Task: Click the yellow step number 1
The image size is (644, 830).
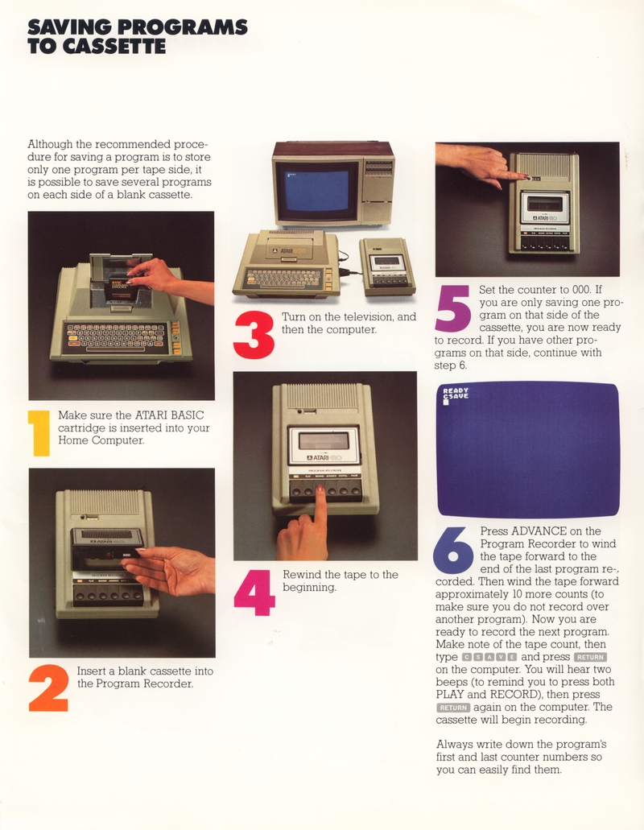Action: [39, 433]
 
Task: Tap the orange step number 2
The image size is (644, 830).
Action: [48, 688]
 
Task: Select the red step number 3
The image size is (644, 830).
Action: [254, 335]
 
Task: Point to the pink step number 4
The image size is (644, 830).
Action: [254, 593]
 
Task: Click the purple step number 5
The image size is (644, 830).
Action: [453, 308]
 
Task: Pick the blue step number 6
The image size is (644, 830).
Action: [453, 551]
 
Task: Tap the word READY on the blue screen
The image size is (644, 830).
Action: [456, 390]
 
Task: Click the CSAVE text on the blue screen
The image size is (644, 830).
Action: [456, 396]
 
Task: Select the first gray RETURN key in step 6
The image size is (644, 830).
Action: [590, 657]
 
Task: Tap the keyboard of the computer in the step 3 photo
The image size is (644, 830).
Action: [285, 278]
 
